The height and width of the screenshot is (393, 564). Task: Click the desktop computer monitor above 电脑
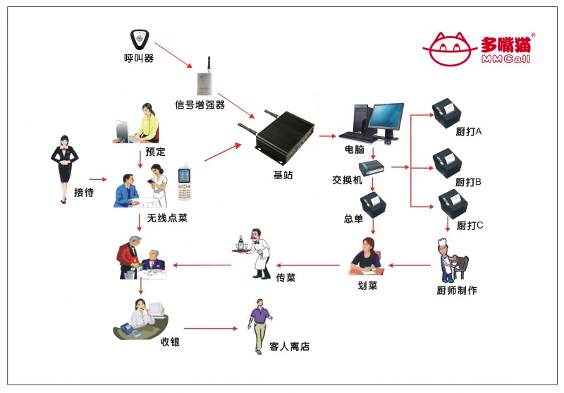pos(386,119)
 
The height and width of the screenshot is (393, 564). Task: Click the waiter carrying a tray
pos(255,253)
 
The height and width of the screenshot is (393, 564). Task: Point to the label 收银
pos(170,341)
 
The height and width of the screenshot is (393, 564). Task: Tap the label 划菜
pos(368,285)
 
